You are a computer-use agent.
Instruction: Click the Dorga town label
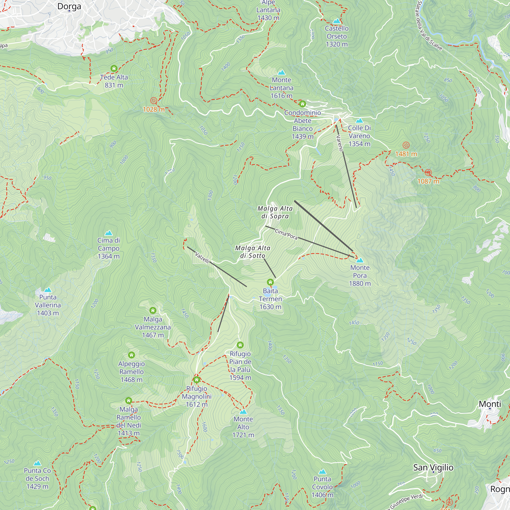[69, 6]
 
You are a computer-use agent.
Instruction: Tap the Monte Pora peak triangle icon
[360, 260]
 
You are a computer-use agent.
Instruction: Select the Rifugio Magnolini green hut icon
[196, 380]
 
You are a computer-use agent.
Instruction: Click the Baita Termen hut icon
[270, 282]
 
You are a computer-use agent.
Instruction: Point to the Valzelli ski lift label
[202, 257]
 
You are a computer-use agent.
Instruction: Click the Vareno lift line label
[339, 143]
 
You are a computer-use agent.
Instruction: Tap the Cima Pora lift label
[286, 234]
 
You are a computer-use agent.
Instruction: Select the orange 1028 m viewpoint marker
[153, 100]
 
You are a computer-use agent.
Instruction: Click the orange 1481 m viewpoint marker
[406, 145]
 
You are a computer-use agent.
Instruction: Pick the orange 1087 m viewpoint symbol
[428, 173]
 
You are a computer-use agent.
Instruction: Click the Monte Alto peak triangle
[243, 412]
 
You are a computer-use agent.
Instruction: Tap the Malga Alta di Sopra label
[275, 212]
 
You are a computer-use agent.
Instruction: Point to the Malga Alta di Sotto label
[253, 252]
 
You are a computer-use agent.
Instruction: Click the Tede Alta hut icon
[114, 69]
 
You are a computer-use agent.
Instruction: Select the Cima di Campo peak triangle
[108, 233]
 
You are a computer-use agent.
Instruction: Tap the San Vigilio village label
[433, 467]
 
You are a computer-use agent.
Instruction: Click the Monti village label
[490, 404]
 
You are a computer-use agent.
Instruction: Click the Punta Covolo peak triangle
[322, 471]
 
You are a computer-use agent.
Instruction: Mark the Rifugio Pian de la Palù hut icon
[240, 345]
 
